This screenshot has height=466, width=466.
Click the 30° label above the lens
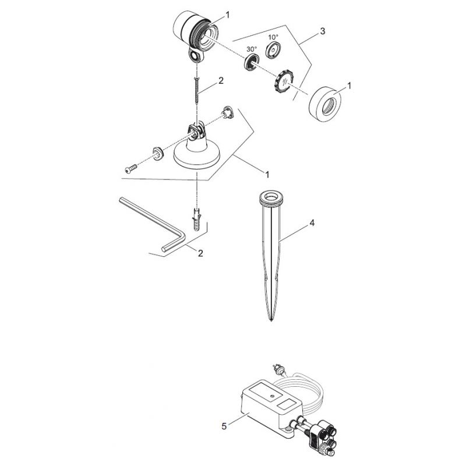click(252, 49)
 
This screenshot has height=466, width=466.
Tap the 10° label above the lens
click(273, 37)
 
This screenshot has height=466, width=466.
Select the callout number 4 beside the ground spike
click(312, 223)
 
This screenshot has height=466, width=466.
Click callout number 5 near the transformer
click(224, 426)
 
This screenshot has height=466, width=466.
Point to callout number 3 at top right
click(323, 31)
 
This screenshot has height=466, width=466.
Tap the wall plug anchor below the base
click(197, 219)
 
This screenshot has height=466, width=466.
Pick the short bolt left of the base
click(130, 168)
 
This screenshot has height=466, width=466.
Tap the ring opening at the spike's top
click(271, 196)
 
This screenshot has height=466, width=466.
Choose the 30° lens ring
click(252, 62)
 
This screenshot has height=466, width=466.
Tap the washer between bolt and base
click(157, 154)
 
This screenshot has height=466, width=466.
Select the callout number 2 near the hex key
click(200, 253)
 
